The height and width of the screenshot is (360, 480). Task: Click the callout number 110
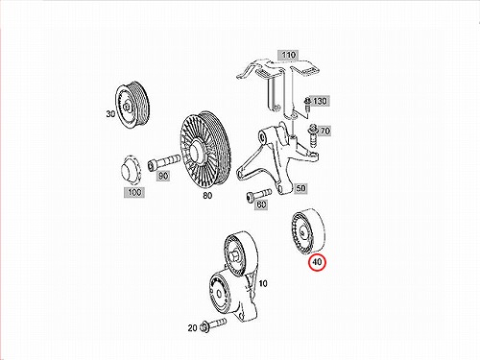(x=288, y=55)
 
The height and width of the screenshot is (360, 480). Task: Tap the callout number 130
(x=320, y=101)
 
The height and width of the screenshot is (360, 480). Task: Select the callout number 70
(x=324, y=131)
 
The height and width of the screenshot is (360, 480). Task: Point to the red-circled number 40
(x=317, y=262)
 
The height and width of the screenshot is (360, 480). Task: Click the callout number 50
(x=300, y=188)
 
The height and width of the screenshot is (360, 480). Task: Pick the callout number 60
(x=261, y=204)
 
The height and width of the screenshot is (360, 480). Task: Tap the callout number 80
(x=207, y=195)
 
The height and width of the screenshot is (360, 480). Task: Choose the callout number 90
(x=163, y=176)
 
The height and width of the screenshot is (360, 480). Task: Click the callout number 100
(x=134, y=192)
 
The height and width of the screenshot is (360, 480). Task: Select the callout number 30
(x=110, y=113)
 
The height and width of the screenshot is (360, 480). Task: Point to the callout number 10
(x=263, y=283)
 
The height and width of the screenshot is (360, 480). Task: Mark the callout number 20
(x=192, y=328)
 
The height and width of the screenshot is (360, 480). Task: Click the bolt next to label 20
(x=213, y=324)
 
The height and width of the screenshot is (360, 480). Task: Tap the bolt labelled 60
(x=259, y=194)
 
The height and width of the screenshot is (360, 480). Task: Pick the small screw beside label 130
(x=307, y=105)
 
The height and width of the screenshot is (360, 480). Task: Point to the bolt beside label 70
(x=312, y=136)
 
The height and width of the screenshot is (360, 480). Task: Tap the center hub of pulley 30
(x=127, y=106)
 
